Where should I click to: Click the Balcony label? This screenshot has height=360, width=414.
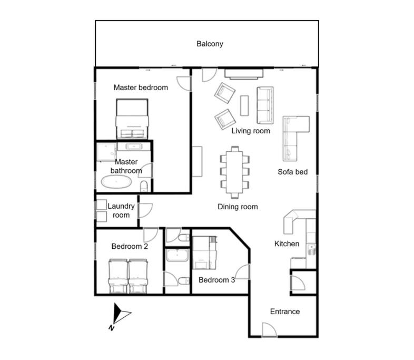tap(210, 44)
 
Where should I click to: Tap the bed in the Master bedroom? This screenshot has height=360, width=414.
tap(132, 119)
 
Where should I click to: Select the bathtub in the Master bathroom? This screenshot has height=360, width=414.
tap(116, 182)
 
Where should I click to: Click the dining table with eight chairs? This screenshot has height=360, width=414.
tap(234, 172)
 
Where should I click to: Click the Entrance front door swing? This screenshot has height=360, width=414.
tap(269, 329)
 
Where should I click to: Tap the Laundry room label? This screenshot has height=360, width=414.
tap(121, 210)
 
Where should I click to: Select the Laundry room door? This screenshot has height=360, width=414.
tap(145, 210)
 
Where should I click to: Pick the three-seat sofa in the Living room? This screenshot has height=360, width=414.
tap(265, 105)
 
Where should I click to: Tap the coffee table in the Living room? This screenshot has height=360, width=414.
tap(244, 105)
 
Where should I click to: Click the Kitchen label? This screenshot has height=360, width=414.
tap(287, 244)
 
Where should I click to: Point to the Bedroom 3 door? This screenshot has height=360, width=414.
tap(242, 271)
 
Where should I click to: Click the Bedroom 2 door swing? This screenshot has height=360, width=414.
tap(151, 235)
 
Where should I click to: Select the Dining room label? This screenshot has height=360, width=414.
tap(238, 207)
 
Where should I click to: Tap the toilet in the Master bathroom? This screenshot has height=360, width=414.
tap(143, 186)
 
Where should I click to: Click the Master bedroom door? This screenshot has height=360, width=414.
tap(184, 84)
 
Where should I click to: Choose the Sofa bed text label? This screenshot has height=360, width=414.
tap(292, 172)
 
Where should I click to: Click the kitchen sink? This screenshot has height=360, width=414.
tap(312, 250)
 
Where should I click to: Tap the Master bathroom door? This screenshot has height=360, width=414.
tap(145, 171)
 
